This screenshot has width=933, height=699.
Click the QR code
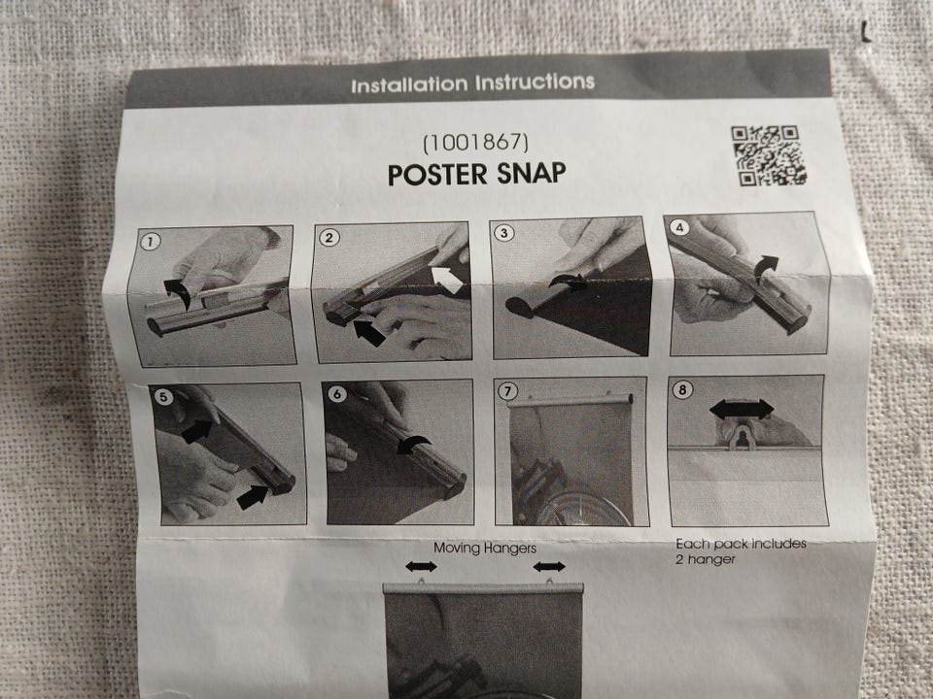768,155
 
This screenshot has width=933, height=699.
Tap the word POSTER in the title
438,175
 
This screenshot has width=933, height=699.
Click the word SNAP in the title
531,173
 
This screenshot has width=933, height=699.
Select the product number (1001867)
475,143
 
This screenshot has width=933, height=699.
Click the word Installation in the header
409,85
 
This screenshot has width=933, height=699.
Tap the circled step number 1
150,242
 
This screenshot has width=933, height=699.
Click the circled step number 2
329,238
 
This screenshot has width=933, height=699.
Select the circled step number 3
504,232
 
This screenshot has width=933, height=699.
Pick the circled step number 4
679,227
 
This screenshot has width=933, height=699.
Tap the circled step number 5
163,396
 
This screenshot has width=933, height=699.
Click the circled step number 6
337,393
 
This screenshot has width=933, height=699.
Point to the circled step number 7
507,391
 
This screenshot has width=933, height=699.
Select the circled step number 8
682,390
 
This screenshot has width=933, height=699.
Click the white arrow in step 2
447,280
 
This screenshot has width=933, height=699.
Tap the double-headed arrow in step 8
742,409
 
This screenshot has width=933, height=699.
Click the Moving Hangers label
485,548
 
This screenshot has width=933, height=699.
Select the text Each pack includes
741,544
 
